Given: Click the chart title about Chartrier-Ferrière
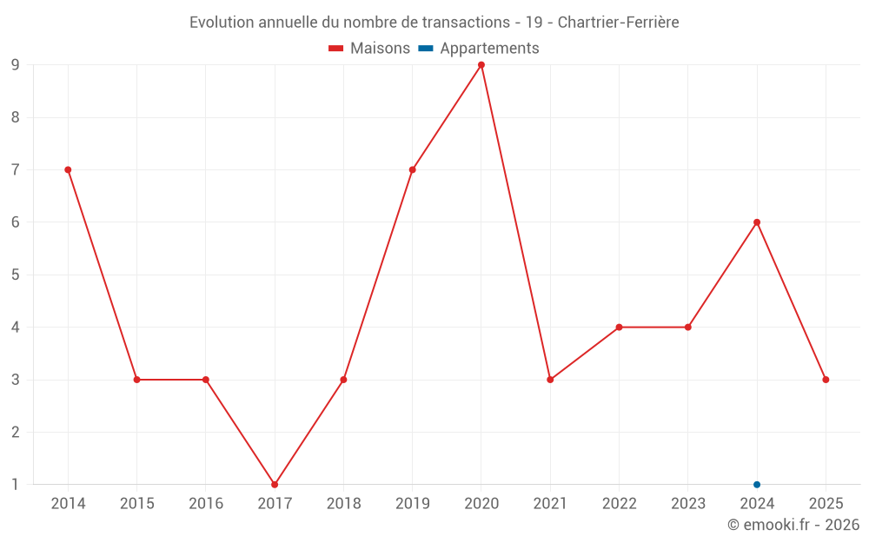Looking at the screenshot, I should [x=434, y=22].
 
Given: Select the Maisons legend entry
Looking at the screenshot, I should [x=369, y=49].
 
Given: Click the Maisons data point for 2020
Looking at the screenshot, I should [x=481, y=65].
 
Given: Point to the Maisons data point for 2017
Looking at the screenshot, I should [x=275, y=484].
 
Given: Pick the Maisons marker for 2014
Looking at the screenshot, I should [x=68, y=169].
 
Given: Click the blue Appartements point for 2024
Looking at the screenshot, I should [x=757, y=484].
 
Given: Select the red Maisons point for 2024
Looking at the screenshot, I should [x=757, y=222].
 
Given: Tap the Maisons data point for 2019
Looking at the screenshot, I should [x=412, y=169].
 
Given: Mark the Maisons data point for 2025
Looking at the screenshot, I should [x=826, y=380].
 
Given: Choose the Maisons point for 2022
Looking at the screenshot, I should [x=619, y=328].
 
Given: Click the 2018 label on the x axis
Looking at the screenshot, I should [x=343, y=503].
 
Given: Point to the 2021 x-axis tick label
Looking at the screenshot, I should [x=550, y=503].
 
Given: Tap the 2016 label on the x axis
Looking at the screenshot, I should [x=206, y=503].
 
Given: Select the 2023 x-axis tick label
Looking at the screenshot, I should [x=688, y=503].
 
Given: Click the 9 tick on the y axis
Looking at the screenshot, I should [x=16, y=65].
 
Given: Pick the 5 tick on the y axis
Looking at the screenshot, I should [x=16, y=275].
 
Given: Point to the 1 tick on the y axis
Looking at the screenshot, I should [x=16, y=484].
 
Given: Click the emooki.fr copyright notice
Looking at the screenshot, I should [x=793, y=525].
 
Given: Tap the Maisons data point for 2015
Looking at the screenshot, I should [x=136, y=380].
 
